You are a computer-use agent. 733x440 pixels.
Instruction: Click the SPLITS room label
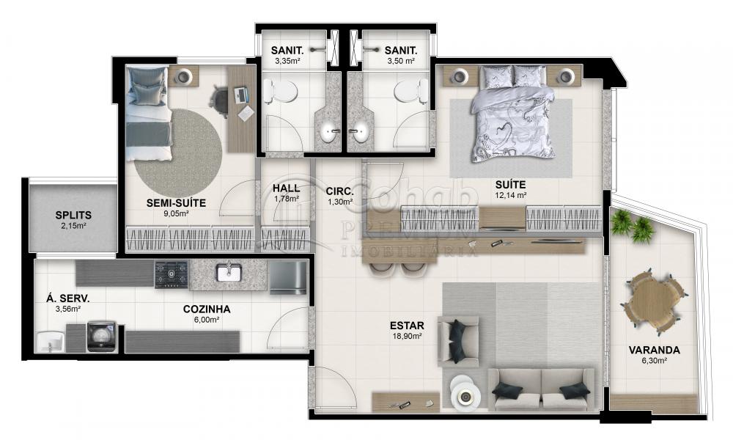click(73, 215)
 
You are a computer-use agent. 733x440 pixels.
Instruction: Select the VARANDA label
click(654, 350)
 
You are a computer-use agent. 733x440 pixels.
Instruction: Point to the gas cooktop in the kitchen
click(171, 274)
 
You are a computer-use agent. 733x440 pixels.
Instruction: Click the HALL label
click(285, 188)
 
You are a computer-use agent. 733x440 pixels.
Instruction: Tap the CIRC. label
click(339, 191)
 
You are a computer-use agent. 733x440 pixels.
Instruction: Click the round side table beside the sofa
click(463, 396)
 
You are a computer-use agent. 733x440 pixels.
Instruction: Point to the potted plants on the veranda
click(632, 224)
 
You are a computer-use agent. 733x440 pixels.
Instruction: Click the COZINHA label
click(207, 309)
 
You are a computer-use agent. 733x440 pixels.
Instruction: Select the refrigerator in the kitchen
click(287, 276)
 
